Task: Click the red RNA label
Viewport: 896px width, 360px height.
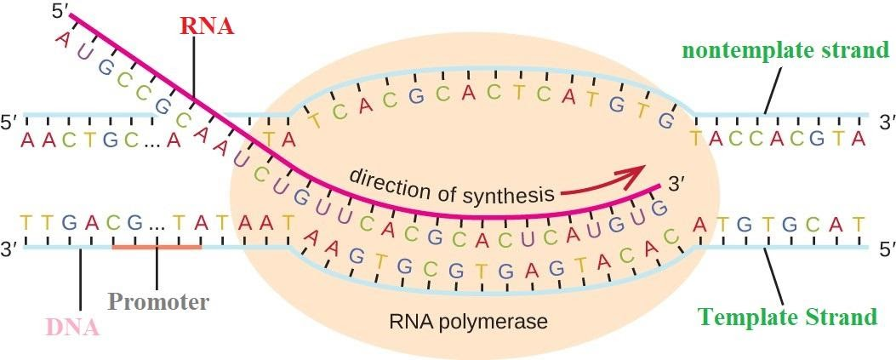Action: point(206,25)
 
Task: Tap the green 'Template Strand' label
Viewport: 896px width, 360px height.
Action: point(787,317)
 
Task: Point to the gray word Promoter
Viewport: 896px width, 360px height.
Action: point(158,301)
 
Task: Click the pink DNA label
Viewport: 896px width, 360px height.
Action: point(74,327)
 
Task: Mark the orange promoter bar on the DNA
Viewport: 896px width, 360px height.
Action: point(157,248)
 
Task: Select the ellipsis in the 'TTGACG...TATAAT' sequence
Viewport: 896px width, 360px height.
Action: point(157,226)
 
